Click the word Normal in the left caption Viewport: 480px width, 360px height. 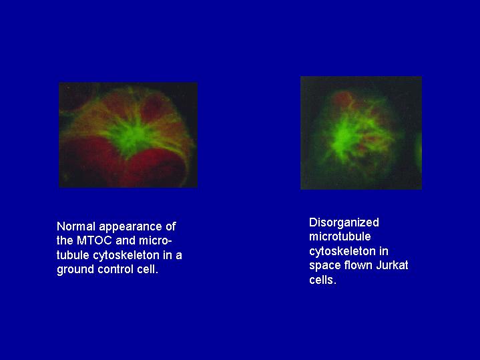tap(76, 226)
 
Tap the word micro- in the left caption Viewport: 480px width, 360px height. tap(156, 240)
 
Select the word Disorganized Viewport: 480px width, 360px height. tap(344, 223)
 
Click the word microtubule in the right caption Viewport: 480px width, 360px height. tap(340, 236)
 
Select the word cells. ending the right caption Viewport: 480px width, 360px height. tap(323, 280)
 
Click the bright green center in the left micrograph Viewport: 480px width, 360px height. tap(135, 136)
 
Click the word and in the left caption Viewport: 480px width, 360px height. tap(126, 240)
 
